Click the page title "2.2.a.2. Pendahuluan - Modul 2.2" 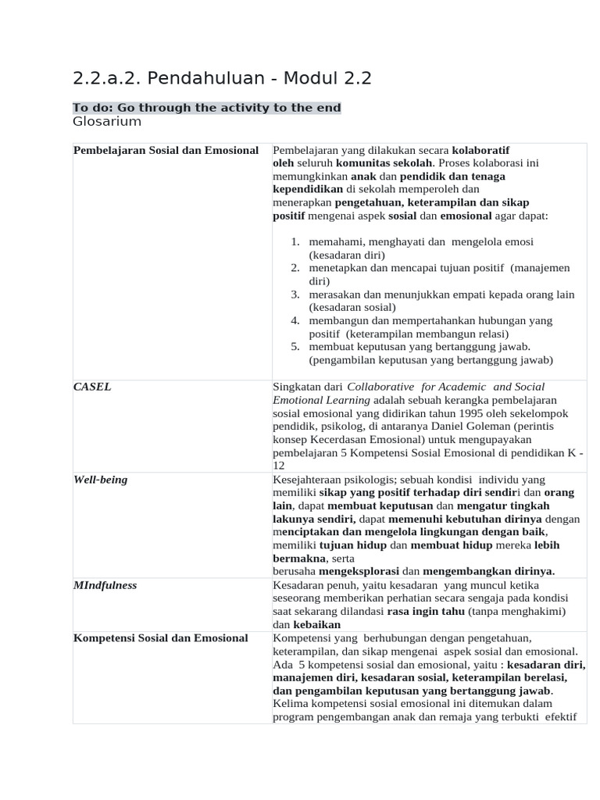(222, 78)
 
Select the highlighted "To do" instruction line (207, 108)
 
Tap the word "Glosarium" (107, 122)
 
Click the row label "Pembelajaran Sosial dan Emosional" (166, 150)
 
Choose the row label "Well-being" (100, 480)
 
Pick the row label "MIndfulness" (105, 585)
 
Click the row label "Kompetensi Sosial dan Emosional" (160, 638)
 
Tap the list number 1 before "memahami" (295, 242)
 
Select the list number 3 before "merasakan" (295, 295)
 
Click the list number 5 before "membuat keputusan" (295, 347)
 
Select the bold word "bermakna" (300, 559)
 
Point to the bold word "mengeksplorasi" (359, 571)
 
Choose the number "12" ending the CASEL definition (279, 466)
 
